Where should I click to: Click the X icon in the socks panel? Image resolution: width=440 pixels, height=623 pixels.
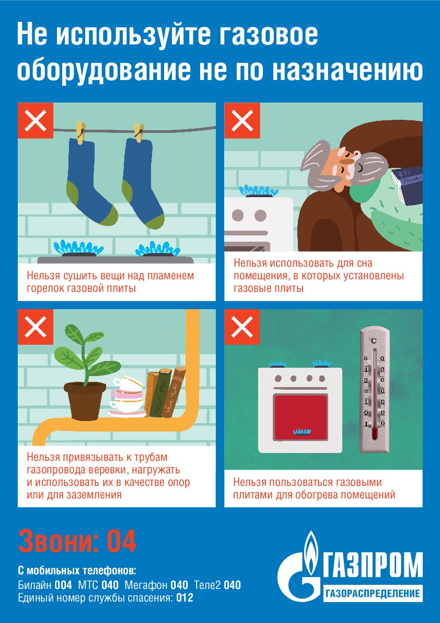pyautogui.click(x=36, y=120)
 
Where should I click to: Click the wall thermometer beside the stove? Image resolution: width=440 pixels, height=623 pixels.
pyautogui.click(x=375, y=389)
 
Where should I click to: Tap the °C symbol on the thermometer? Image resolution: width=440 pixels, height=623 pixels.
pyautogui.click(x=373, y=341)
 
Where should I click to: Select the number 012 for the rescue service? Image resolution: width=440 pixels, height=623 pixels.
pyautogui.click(x=184, y=597)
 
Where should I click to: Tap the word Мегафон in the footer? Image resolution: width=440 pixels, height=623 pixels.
pyautogui.click(x=146, y=586)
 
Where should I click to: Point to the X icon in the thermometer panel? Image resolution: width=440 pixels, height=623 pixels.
pyautogui.click(x=242, y=327)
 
